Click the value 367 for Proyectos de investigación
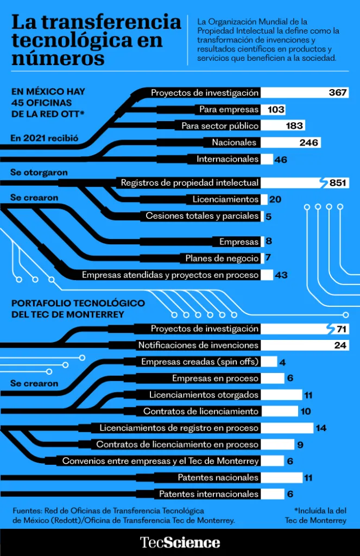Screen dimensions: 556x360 pyautogui.click(x=337, y=93)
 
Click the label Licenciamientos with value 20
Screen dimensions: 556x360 pyautogui.click(x=225, y=199)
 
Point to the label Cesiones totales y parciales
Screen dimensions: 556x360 pyautogui.click(x=202, y=216)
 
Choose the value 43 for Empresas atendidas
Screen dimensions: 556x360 pyautogui.click(x=281, y=275)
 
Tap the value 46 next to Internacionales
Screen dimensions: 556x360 pyautogui.click(x=281, y=160)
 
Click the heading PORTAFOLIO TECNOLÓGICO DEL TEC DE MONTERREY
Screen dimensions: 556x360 pyautogui.click(x=78, y=309)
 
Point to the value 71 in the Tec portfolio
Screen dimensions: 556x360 pyautogui.click(x=341, y=329)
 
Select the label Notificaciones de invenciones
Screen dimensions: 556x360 pyautogui.click(x=198, y=345)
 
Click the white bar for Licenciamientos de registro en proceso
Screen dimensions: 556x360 pyautogui.click(x=287, y=428)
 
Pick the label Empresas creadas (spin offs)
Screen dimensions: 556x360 pyautogui.click(x=200, y=362)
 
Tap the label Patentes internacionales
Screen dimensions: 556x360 pyautogui.click(x=209, y=494)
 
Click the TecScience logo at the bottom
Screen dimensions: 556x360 pyautogui.click(x=180, y=542)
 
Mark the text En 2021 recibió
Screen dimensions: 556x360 pyautogui.click(x=45, y=138)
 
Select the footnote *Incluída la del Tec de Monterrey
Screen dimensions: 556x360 pyautogui.click(x=315, y=515)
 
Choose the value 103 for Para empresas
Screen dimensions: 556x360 pyautogui.click(x=276, y=110)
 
